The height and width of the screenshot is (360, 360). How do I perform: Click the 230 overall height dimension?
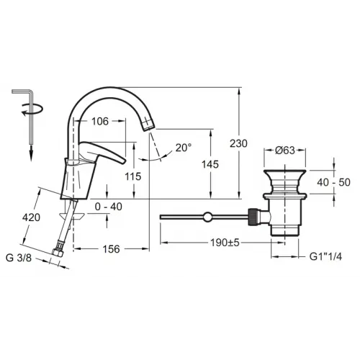[x=238, y=143]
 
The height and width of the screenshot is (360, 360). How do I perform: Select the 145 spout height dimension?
[x=210, y=164]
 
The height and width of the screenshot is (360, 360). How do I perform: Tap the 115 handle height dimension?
[x=133, y=176]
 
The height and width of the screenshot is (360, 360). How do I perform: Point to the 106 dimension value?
[x=100, y=122]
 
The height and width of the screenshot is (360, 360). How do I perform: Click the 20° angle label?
[x=184, y=148]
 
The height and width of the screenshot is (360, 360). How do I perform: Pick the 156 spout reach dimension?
[x=111, y=249]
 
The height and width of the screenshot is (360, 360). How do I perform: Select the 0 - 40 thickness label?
[x=109, y=207]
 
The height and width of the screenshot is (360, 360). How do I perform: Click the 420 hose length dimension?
[x=31, y=217]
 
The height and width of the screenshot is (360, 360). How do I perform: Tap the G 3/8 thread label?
[x=19, y=258]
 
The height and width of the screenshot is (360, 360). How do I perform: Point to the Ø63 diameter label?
[x=285, y=150]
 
